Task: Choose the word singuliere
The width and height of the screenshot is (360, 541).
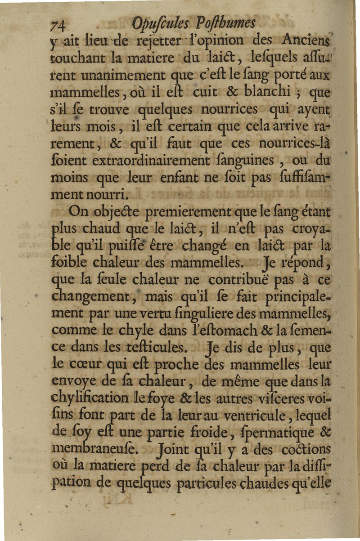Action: pyautogui.click(x=217, y=313)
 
